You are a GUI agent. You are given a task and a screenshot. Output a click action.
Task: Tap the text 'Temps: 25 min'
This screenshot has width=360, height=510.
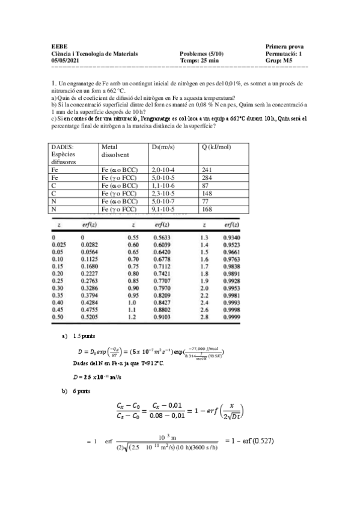[198, 60]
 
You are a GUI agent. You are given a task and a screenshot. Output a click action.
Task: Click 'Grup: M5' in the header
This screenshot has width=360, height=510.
[278, 60]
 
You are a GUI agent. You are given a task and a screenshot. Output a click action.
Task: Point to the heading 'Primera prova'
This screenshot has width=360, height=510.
[284, 47]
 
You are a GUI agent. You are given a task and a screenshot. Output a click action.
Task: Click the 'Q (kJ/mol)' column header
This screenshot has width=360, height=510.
[215, 146]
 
